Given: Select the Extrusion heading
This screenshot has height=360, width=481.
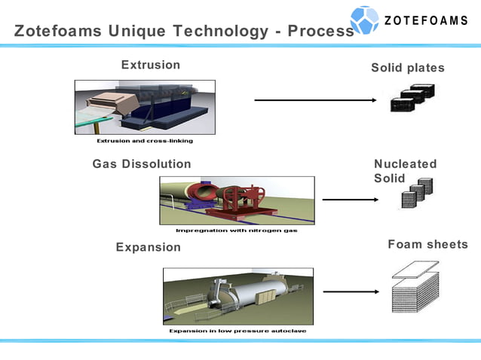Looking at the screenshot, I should [x=151, y=65].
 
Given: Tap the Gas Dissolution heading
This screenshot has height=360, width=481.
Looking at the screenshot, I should [x=142, y=163].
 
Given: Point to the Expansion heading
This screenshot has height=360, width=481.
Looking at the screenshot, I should [x=149, y=247].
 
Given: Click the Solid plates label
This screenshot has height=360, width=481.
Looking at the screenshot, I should [x=408, y=68].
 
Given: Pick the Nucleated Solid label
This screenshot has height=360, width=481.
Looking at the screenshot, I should [x=405, y=171].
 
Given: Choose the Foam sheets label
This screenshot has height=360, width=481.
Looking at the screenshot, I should [x=427, y=244].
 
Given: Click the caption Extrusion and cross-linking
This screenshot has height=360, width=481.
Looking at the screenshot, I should [x=145, y=141].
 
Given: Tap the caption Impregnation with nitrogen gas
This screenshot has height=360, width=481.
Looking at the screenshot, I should [x=236, y=230].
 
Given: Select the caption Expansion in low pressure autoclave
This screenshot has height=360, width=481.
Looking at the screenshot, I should [x=237, y=331].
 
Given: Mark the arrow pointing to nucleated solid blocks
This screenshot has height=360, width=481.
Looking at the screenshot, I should [x=350, y=200].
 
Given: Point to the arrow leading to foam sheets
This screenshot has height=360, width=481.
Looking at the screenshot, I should [x=350, y=291].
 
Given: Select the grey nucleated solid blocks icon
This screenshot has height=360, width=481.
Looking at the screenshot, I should [x=416, y=195].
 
